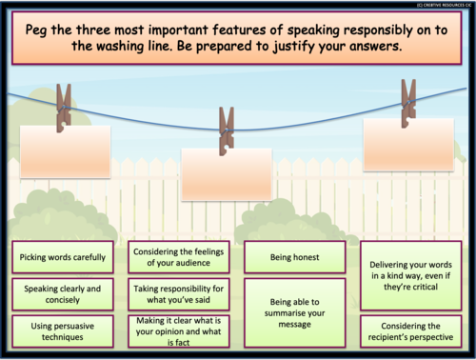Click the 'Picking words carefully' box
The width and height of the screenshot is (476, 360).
pyautogui.click(x=60, y=256)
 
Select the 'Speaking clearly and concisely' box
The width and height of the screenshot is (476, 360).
pyautogui.click(x=60, y=292)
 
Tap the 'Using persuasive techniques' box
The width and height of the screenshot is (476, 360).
pyautogui.click(x=60, y=330)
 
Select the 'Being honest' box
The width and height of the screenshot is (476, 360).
pyautogui.click(x=294, y=256)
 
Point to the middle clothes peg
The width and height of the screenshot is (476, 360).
pyautogui.click(x=227, y=130)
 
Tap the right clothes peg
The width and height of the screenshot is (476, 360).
pyautogui.click(x=408, y=103)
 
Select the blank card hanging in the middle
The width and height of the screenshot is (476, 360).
pyautogui.click(x=227, y=173)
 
